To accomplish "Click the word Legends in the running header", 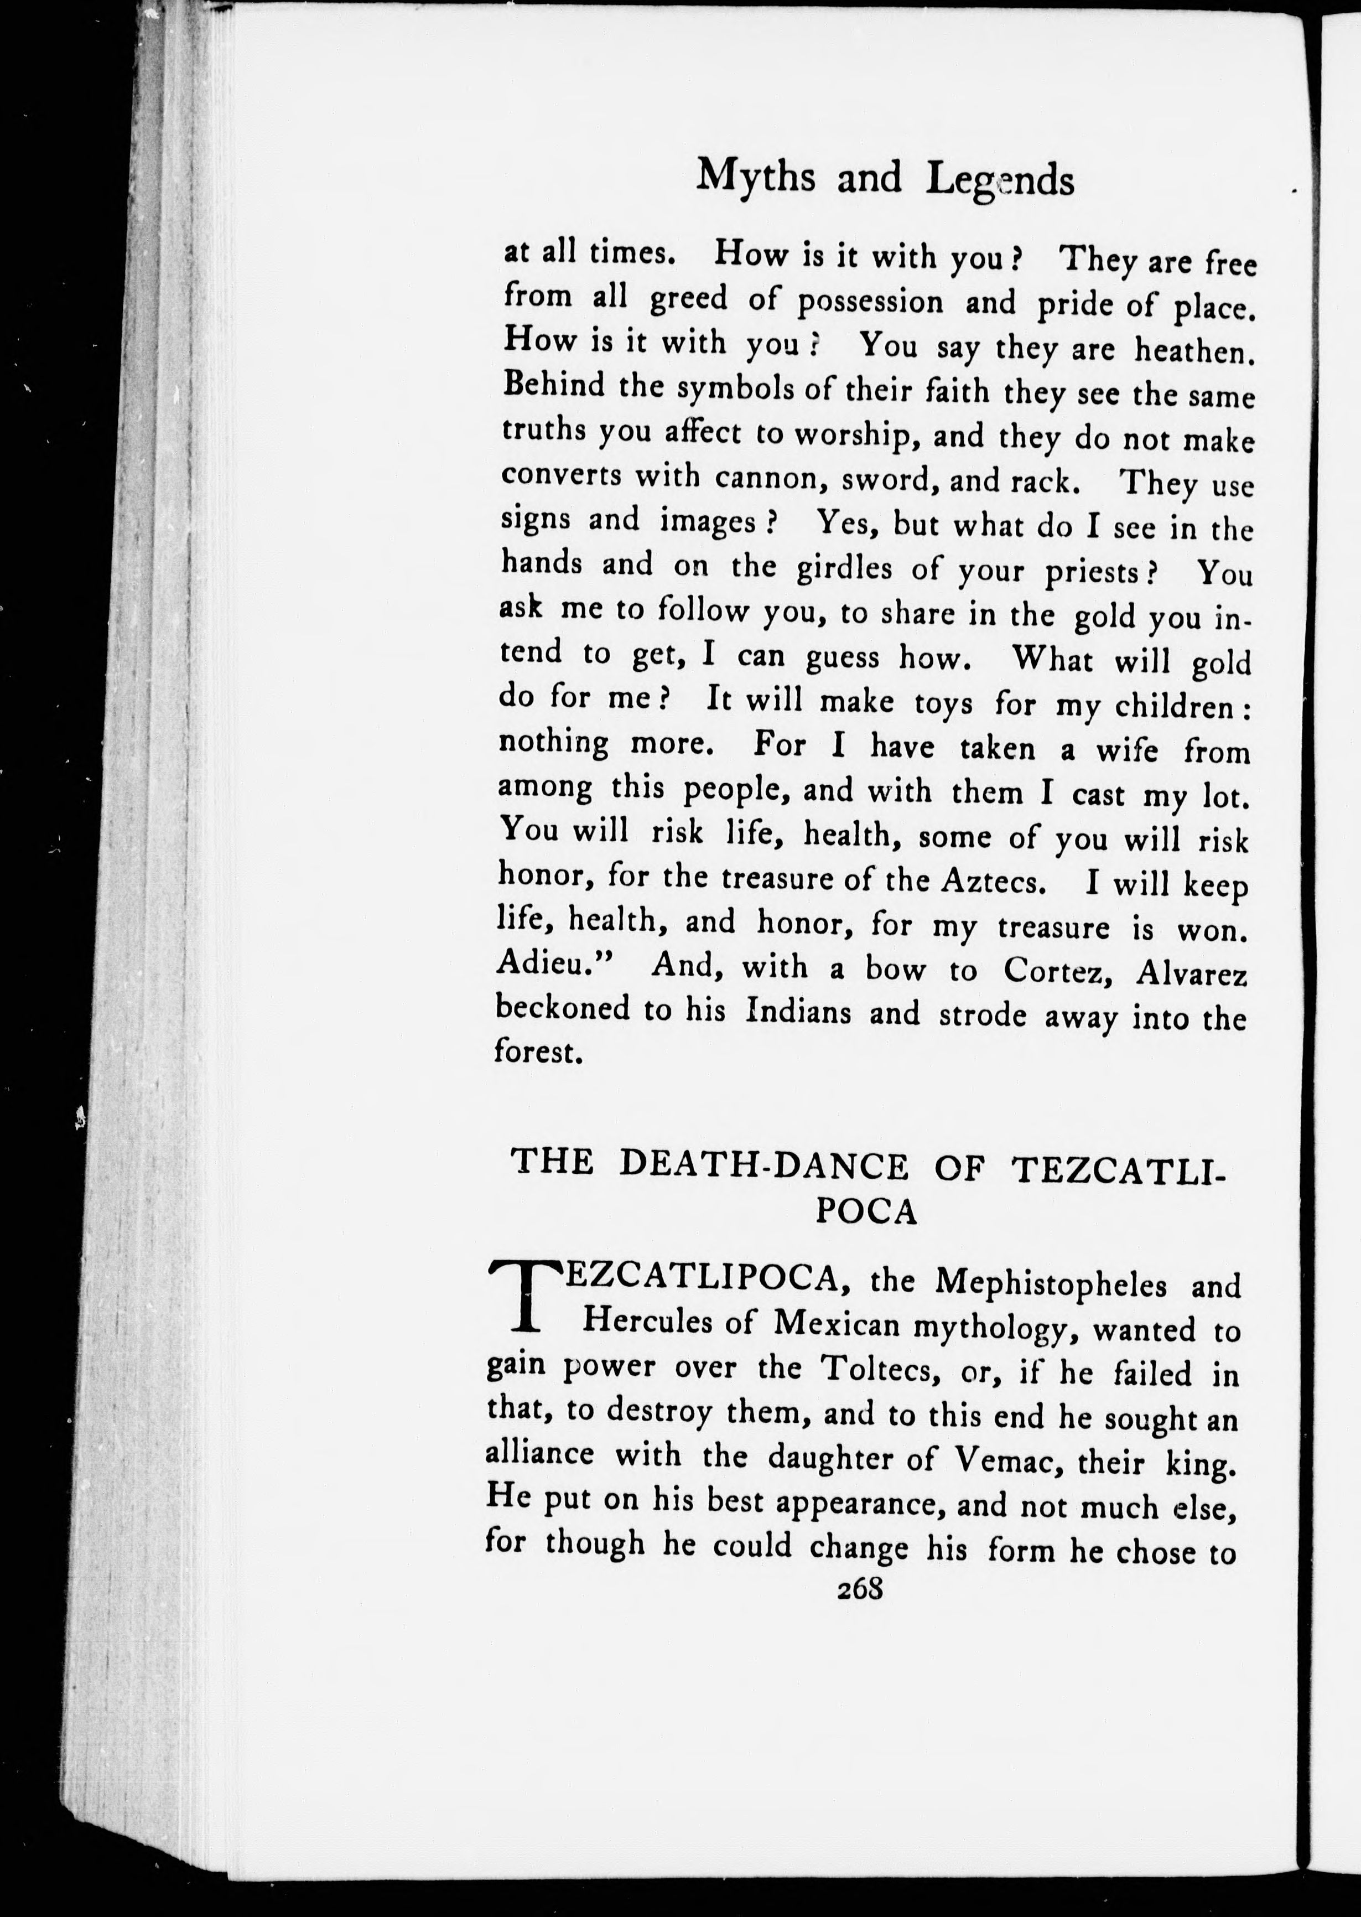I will tap(1000, 181).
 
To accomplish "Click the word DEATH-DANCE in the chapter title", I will tap(768, 1166).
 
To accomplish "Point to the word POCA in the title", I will tap(866, 1213).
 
